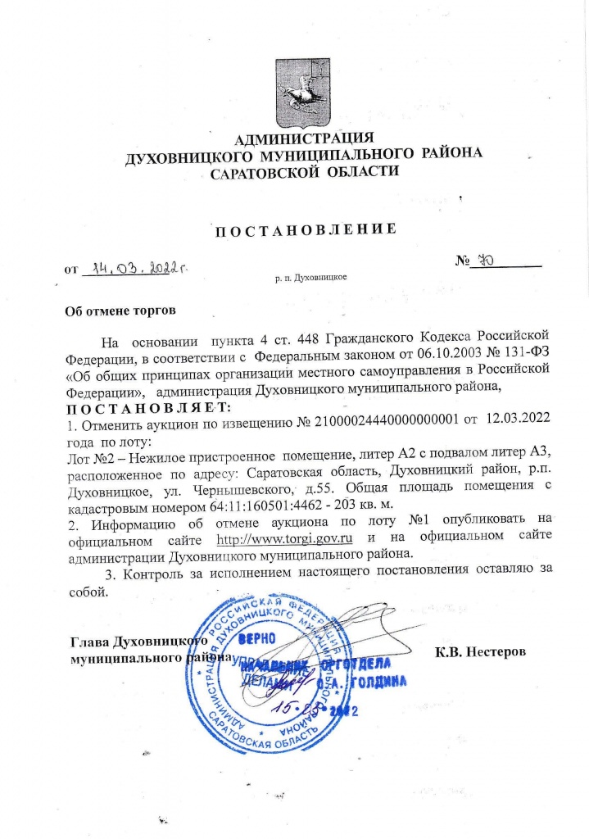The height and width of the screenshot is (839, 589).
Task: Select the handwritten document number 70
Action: coord(488,261)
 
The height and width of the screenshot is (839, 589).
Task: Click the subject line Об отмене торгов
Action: coord(120,311)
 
